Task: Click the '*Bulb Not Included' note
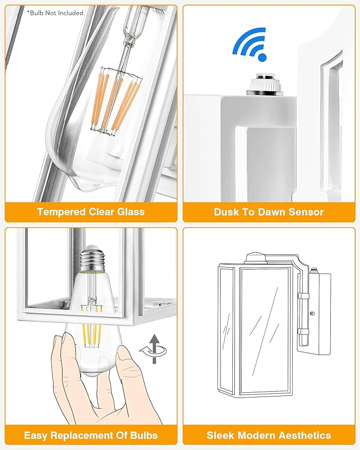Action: (x=55, y=13)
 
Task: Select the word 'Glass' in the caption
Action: (x=130, y=212)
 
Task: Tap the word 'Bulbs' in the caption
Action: (x=144, y=435)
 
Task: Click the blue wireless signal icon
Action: (x=250, y=43)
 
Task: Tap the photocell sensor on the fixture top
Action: (x=265, y=84)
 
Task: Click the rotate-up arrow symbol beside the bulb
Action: (x=154, y=349)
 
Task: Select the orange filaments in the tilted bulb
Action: (x=115, y=102)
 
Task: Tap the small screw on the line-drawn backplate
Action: (x=313, y=313)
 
